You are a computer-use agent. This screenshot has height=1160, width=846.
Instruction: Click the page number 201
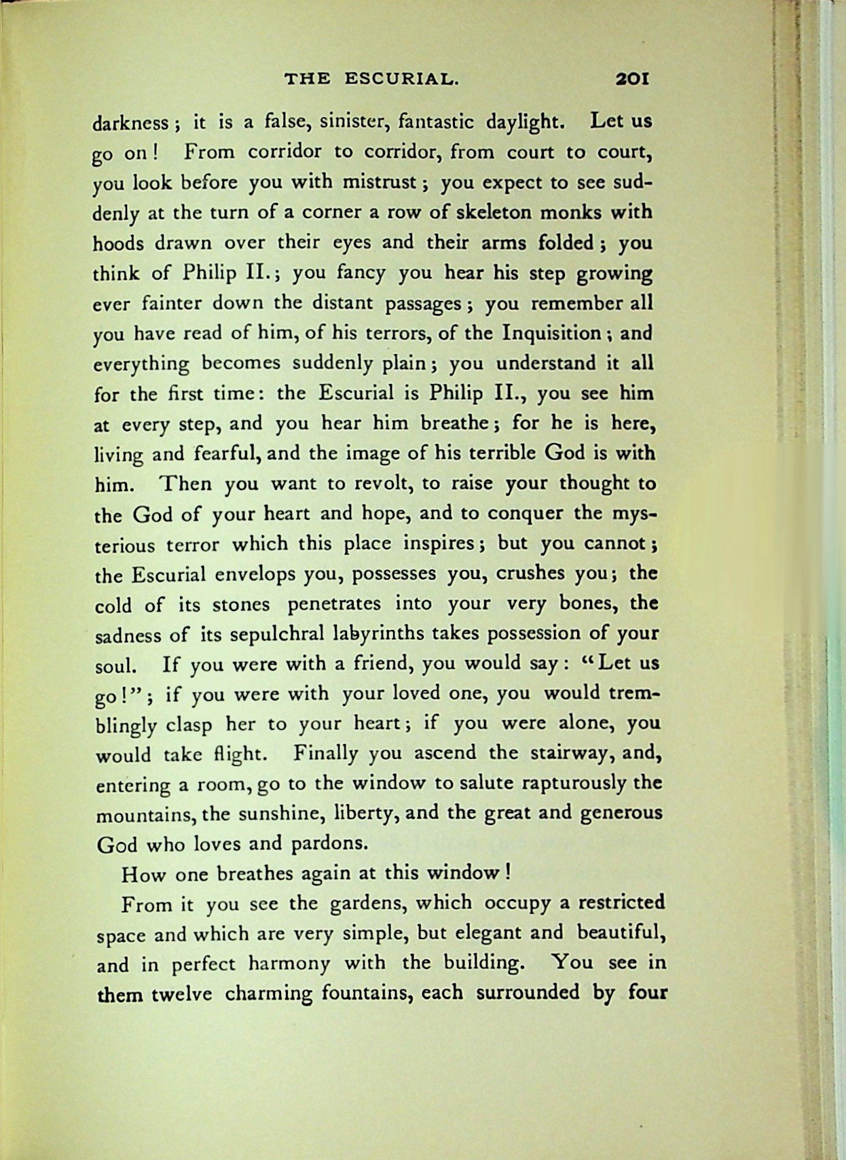pyautogui.click(x=631, y=79)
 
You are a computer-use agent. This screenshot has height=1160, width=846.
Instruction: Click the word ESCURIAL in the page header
pyautogui.click(x=401, y=79)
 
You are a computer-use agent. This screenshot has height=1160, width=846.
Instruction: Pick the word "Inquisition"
pyautogui.click(x=551, y=333)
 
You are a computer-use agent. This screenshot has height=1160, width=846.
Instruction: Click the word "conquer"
pyautogui.click(x=529, y=513)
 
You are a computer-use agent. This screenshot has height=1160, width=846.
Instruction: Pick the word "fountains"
pyautogui.click(x=364, y=994)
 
